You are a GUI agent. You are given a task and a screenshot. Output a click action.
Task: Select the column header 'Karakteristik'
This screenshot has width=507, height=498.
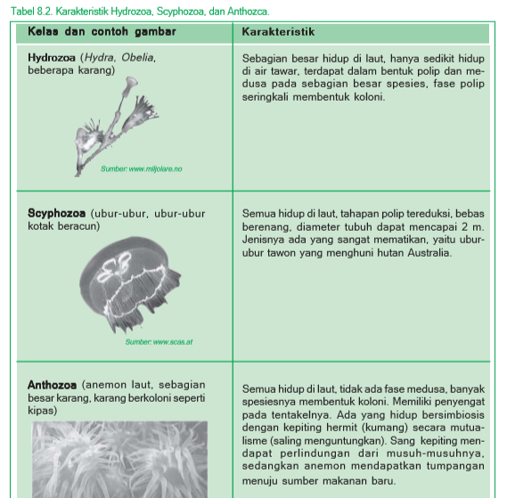(x=278, y=32)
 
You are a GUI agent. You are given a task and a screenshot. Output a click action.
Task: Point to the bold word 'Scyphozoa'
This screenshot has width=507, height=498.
(x=56, y=214)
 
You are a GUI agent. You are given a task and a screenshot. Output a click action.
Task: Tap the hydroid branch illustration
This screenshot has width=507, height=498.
(x=120, y=120)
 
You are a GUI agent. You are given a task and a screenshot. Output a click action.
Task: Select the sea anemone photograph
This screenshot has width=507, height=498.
(x=120, y=459)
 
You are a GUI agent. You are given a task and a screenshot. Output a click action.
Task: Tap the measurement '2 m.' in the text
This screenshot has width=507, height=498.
(x=475, y=227)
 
